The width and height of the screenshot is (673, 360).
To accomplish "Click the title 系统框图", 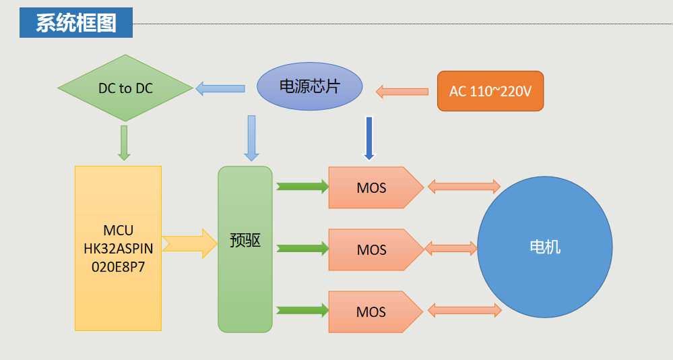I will (75, 23).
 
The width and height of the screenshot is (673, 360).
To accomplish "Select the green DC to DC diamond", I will (125, 88).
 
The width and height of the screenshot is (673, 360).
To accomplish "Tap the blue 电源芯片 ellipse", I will (310, 86).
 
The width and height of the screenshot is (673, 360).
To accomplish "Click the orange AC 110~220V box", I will (490, 91).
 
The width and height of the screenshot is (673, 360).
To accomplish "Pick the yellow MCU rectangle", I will (119, 248).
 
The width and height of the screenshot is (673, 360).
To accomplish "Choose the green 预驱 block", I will (245, 249).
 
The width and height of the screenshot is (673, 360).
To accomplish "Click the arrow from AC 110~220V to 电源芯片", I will (402, 91).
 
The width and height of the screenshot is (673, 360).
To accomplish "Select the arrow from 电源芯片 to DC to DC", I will (220, 88).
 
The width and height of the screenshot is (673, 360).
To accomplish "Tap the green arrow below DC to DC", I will (123, 142).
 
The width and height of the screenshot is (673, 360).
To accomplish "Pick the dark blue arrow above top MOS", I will (368, 139).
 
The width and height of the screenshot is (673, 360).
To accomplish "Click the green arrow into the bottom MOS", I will (302, 310).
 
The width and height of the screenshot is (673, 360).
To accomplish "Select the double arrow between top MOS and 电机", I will (464, 187).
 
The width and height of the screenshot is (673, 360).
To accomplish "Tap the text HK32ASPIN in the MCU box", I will (119, 249).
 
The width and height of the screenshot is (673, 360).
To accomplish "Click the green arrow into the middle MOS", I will (302, 248).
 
